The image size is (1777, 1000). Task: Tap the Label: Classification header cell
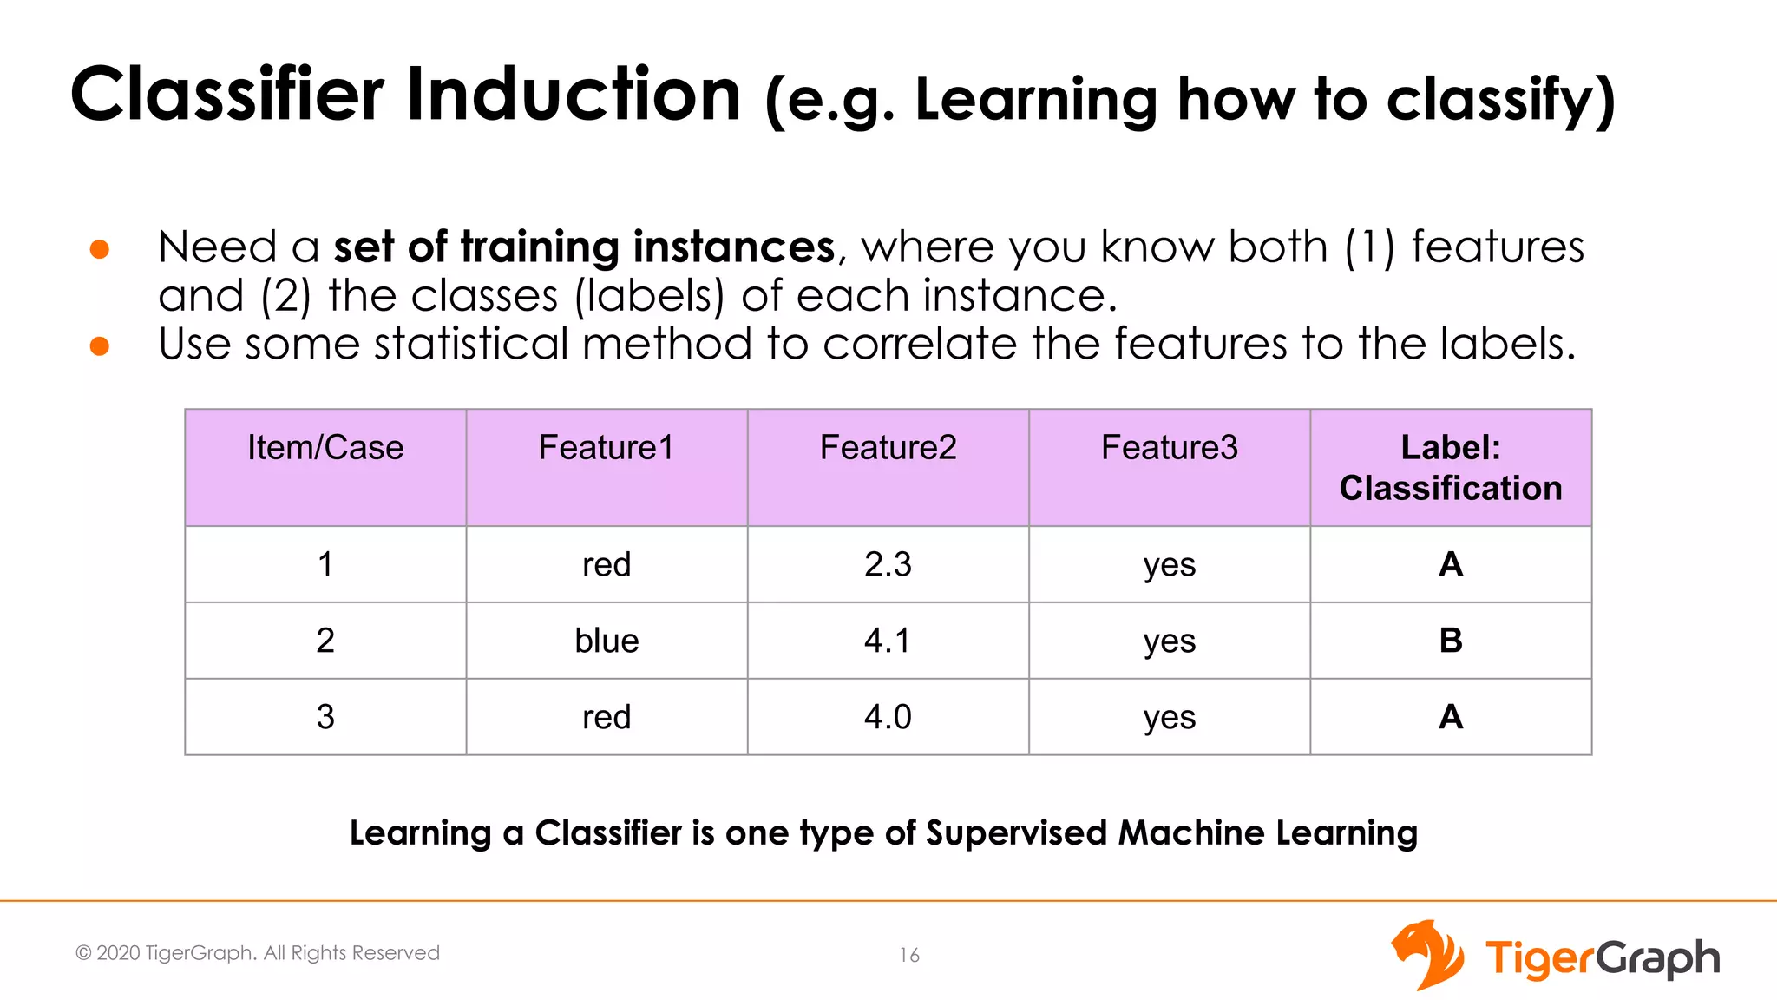pos(1450,468)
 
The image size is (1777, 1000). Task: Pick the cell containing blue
pos(607,641)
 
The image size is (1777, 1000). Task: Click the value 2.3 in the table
pos(888,565)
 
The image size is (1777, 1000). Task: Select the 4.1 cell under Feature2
pos(888,641)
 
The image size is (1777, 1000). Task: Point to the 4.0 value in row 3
pos(888,718)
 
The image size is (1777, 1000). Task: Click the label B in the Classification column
pos(1450,641)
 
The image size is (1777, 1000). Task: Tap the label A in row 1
pos(1450,565)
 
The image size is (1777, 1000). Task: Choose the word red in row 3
pos(607,718)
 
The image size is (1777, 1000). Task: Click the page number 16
pos(908,956)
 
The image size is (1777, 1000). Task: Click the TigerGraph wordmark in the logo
pos(1602,959)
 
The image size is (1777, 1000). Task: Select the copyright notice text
pos(258,953)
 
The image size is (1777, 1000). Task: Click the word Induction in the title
pos(574,95)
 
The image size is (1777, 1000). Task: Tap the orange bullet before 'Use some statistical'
pos(100,346)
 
